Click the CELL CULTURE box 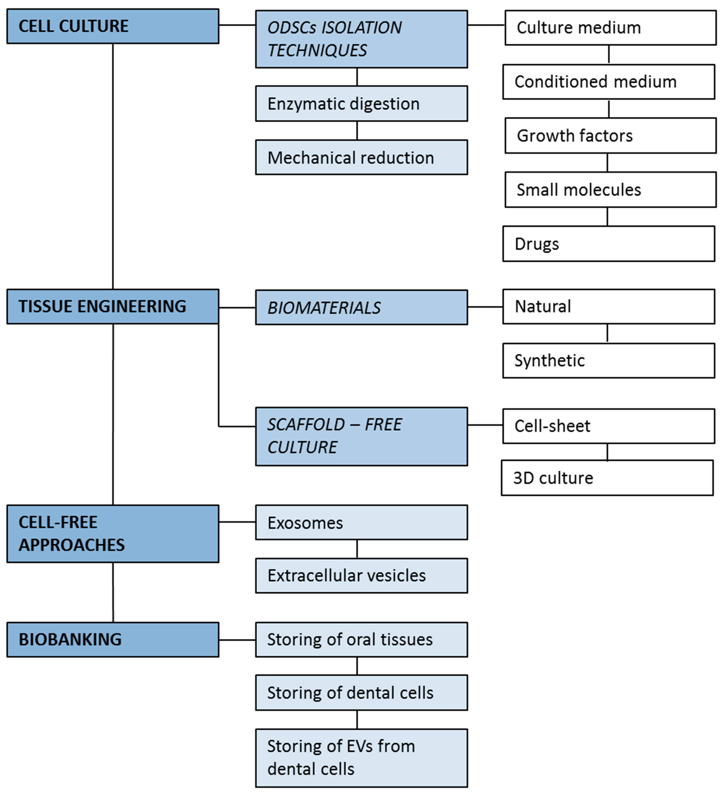(113, 26)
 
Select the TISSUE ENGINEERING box (113, 306)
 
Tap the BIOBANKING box (113, 639)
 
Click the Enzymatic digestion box (361, 104)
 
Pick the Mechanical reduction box (361, 157)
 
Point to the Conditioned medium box (609, 82)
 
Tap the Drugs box (609, 244)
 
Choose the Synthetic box (609, 360)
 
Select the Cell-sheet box (609, 426)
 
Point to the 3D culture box (607, 478)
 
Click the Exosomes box (361, 523)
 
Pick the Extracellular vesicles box (361, 575)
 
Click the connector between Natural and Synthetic (607, 333)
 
